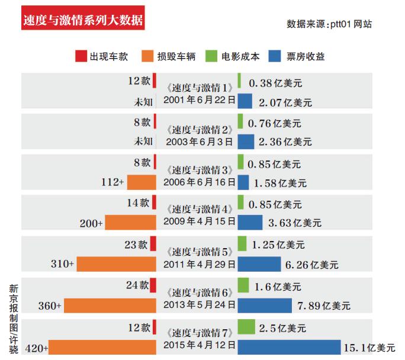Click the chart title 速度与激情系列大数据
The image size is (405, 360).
[x=82, y=20]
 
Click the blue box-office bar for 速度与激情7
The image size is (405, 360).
[x=289, y=346]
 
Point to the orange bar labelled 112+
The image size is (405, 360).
[x=142, y=182]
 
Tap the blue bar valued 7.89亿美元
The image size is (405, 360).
[x=265, y=306]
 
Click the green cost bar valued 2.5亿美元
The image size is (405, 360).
[x=246, y=327]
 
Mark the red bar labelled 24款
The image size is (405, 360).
[x=153, y=285]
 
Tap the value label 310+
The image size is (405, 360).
[x=62, y=264]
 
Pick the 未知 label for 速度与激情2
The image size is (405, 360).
[x=143, y=142]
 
